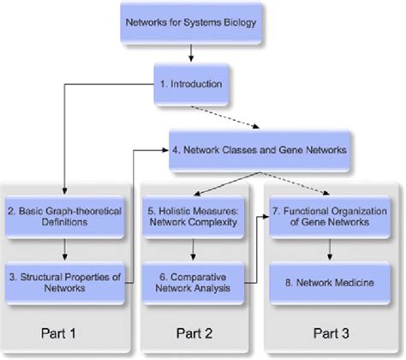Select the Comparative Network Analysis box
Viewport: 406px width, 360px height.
(x=195, y=281)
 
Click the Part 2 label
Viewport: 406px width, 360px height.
(x=196, y=332)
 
